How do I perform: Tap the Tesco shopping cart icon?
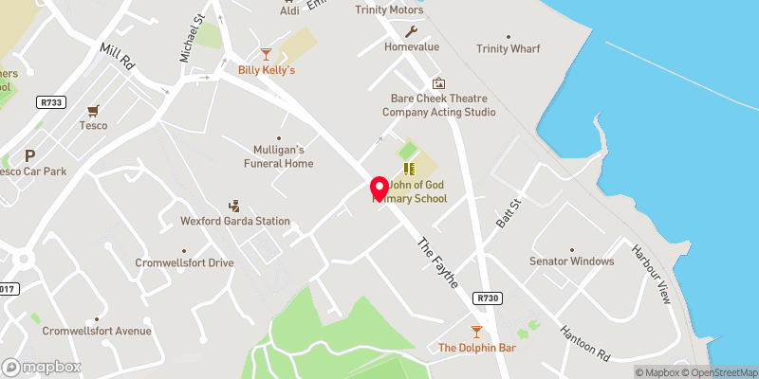[93, 111]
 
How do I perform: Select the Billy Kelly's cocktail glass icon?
[267, 55]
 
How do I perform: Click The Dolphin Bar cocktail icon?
[476, 332]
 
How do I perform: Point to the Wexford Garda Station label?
[234, 221]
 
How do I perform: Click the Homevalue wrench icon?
[411, 31]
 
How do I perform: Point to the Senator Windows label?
[572, 261]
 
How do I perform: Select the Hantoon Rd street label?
[587, 342]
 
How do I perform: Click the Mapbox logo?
[41, 367]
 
